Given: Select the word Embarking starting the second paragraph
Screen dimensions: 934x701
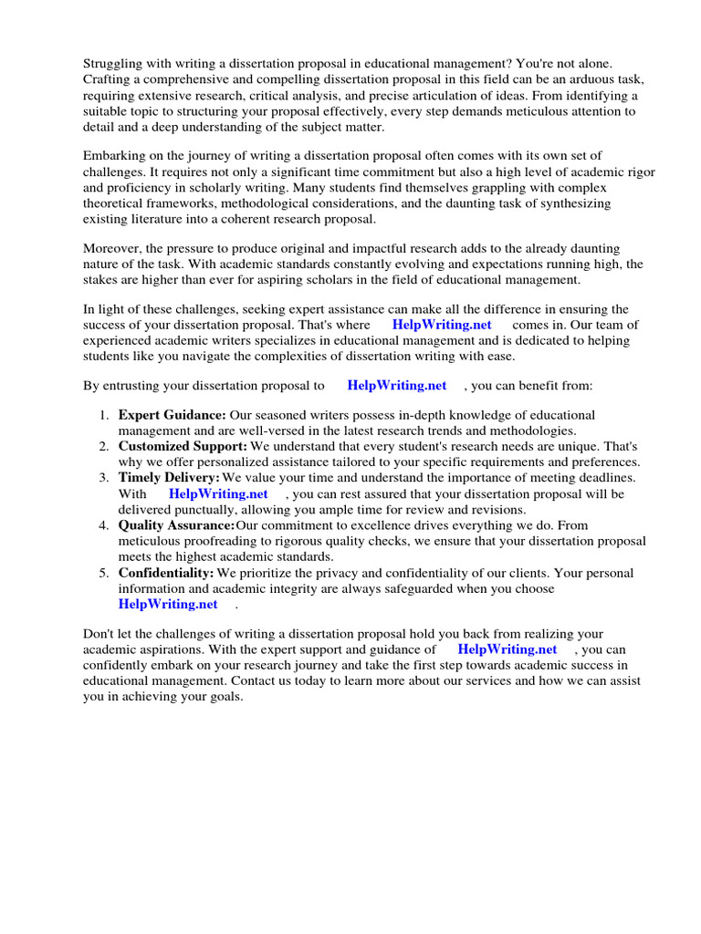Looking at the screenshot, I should click(x=115, y=156).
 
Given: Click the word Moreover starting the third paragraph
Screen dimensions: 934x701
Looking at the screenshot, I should click(x=112, y=248).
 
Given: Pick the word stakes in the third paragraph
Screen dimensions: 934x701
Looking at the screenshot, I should click(x=103, y=280).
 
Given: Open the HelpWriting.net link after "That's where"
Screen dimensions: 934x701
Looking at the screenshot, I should click(x=441, y=325).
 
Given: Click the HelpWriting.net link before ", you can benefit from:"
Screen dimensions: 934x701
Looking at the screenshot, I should click(x=396, y=386).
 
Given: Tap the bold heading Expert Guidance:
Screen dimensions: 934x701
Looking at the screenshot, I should click(x=172, y=415).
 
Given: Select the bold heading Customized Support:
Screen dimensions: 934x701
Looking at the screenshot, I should click(x=183, y=447).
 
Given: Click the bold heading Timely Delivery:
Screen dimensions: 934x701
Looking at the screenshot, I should click(x=169, y=478).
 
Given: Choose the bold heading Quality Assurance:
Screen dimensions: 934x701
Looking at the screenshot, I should click(x=176, y=525).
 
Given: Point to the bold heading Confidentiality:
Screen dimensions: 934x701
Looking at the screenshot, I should click(x=166, y=573).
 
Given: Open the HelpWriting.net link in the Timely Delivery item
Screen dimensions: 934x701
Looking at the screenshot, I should click(x=218, y=494).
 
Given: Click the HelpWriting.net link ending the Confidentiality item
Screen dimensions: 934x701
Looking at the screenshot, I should click(x=168, y=604).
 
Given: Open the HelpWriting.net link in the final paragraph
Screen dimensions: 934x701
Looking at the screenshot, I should click(x=507, y=649).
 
